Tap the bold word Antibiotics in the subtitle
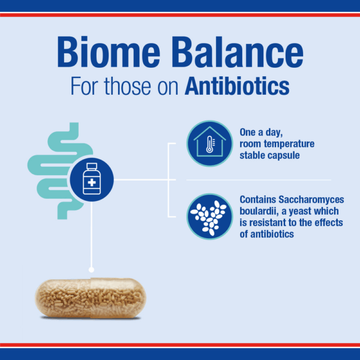pos(237,86)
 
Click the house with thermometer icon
pos(209,143)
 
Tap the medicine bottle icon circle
pos(92,179)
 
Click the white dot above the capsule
pos(91,269)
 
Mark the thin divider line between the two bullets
pos(258,179)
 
